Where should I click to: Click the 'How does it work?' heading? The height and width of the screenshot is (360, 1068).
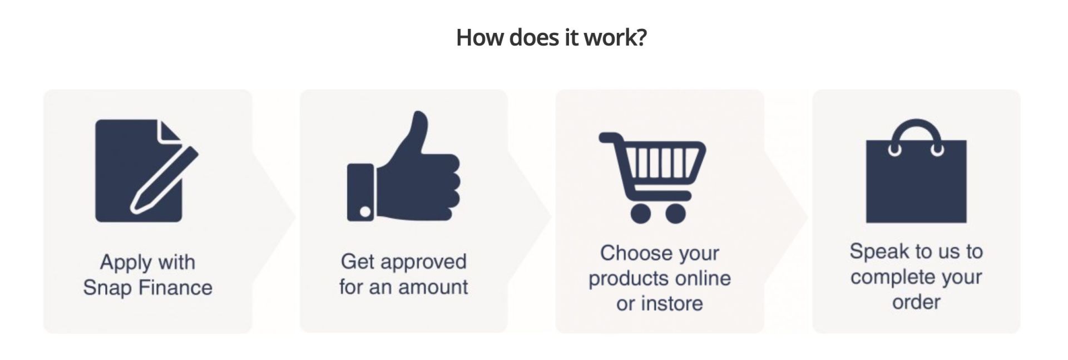551,38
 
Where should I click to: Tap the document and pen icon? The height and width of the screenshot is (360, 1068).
147,171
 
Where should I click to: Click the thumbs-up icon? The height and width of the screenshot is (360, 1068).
403,166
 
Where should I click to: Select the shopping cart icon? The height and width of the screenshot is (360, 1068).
652,177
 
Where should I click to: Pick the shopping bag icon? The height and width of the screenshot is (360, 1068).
916,171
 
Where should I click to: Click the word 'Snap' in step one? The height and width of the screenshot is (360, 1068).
107,288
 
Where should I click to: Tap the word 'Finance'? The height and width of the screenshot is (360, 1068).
175,288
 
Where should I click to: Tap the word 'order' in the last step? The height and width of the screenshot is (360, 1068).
916,302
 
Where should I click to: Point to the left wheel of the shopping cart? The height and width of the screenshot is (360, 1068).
641,214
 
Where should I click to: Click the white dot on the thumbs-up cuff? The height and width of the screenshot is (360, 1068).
365,211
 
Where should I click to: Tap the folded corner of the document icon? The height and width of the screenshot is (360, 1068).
169,131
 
